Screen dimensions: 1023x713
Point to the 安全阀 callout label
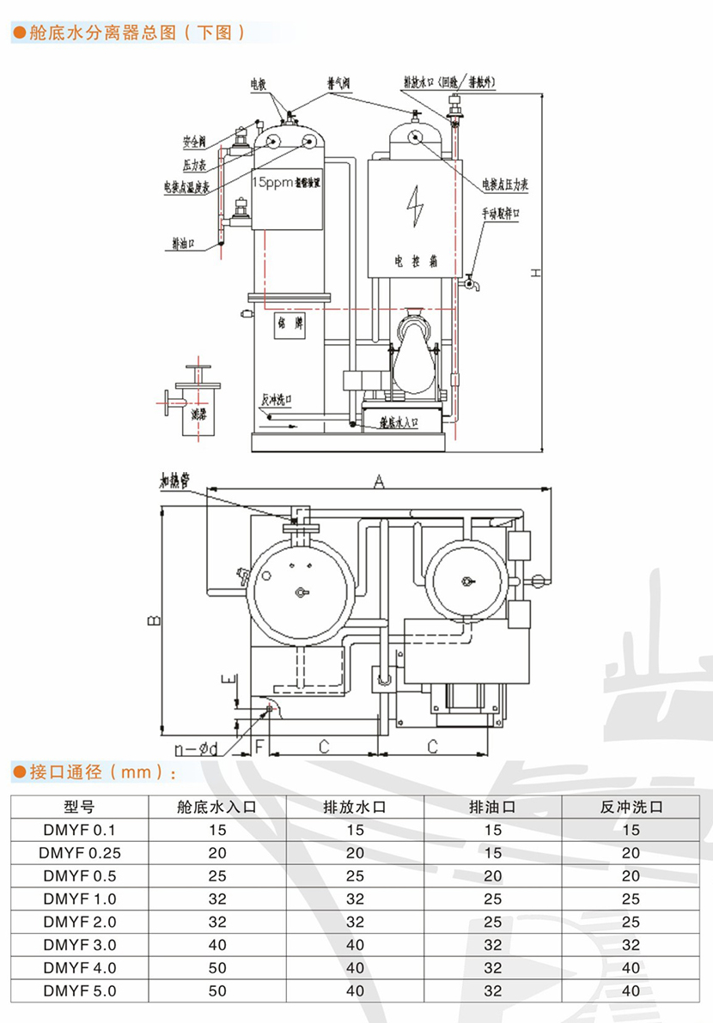[x=195, y=142]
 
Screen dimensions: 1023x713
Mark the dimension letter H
[x=533, y=273]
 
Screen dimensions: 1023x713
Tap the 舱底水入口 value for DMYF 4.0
[x=217, y=967]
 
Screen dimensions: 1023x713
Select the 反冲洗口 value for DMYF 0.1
[x=631, y=830]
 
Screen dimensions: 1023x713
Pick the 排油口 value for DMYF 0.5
[x=493, y=875]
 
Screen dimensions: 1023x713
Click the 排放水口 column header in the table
[x=355, y=807]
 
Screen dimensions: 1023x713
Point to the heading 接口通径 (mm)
[x=94, y=772]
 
